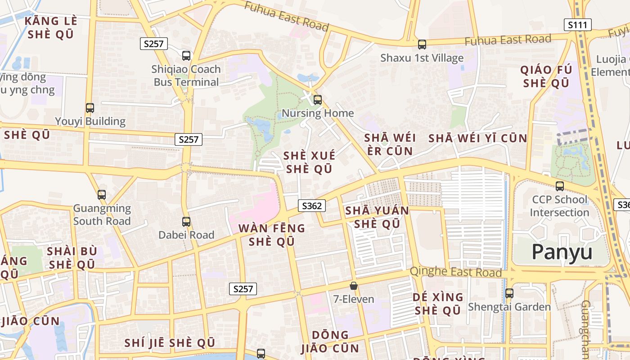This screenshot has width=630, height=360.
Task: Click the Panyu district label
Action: [x=562, y=252]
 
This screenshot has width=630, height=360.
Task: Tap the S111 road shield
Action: [x=577, y=25]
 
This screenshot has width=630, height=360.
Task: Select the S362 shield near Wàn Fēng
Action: [x=312, y=206]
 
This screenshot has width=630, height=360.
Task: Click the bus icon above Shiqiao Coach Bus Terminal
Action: [x=186, y=56]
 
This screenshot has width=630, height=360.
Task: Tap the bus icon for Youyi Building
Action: [x=90, y=108]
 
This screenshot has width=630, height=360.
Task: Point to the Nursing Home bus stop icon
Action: [x=318, y=100]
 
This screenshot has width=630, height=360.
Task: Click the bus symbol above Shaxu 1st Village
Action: [x=422, y=45]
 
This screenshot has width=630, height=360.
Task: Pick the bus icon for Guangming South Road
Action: [x=102, y=195]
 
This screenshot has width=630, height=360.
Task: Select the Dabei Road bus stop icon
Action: [x=186, y=221]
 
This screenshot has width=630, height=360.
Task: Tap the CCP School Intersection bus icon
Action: [x=560, y=186]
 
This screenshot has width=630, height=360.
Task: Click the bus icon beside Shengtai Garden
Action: [x=509, y=293]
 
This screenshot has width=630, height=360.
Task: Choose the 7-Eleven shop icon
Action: [x=354, y=286]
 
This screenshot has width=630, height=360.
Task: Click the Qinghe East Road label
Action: [x=455, y=272]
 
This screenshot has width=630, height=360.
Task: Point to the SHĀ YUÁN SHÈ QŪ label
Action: [x=377, y=217]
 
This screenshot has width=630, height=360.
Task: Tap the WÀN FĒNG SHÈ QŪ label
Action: [x=272, y=234]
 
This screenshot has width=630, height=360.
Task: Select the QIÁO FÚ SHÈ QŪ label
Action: [x=546, y=76]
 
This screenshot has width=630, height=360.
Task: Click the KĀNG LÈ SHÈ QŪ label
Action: [x=51, y=27]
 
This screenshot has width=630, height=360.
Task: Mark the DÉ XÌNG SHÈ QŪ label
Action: [x=438, y=304]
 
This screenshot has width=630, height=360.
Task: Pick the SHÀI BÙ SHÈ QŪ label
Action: [x=72, y=257]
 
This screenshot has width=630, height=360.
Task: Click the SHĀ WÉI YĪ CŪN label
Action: [x=477, y=138]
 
